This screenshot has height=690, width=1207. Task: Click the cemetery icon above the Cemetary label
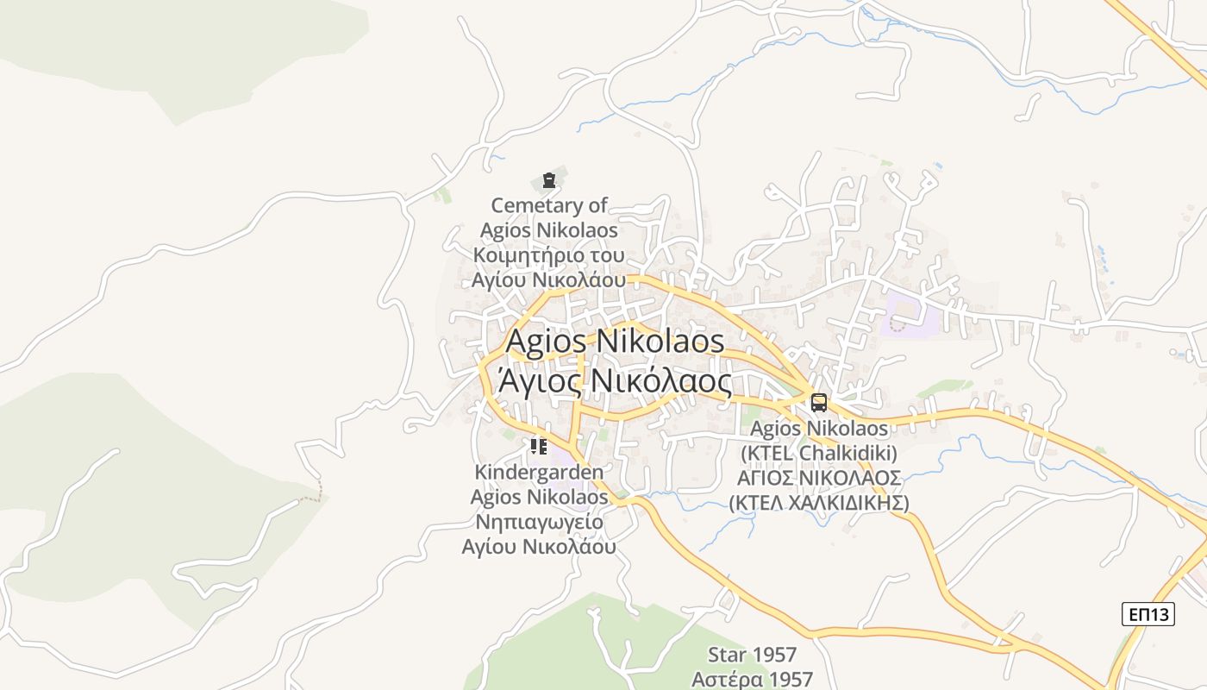click(549, 180)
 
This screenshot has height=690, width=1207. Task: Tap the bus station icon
click(818, 402)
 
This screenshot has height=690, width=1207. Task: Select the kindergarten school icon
click(539, 446)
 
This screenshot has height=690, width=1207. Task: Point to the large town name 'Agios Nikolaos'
click(615, 342)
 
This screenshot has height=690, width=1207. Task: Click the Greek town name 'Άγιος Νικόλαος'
click(615, 379)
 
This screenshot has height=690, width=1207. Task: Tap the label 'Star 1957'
click(752, 655)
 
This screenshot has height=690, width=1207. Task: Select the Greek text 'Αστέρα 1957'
click(752, 678)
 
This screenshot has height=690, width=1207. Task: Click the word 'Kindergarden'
click(539, 473)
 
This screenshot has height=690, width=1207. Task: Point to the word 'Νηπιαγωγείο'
click(539, 522)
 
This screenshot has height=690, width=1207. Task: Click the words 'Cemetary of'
click(549, 205)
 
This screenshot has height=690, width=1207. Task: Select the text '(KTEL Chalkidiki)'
click(819, 453)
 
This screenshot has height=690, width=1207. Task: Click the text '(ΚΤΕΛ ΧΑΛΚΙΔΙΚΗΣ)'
click(819, 502)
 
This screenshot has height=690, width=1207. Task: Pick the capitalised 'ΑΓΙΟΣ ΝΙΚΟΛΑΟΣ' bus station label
click(819, 478)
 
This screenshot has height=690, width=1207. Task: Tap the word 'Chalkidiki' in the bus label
click(848, 453)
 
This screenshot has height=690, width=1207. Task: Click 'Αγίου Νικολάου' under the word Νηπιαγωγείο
click(539, 547)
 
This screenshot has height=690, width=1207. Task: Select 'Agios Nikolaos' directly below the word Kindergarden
click(539, 498)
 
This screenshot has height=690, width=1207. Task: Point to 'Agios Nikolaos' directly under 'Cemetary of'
click(549, 230)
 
